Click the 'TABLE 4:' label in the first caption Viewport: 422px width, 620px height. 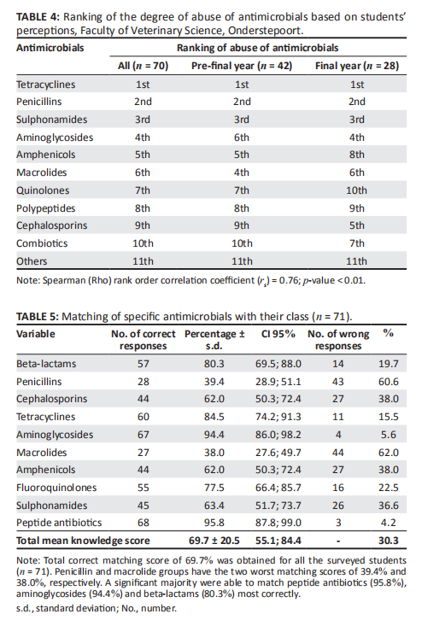coord(38,17)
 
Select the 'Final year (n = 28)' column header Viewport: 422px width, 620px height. coord(357,66)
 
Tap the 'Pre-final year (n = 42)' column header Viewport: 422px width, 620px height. coord(242,66)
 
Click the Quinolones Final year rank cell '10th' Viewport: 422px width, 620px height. coord(356,190)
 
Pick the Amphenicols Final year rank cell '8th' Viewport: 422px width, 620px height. coord(356,155)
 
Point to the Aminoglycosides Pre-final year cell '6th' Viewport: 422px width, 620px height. coord(241,137)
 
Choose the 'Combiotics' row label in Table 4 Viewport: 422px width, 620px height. coord(42,243)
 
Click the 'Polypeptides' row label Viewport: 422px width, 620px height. coord(45,208)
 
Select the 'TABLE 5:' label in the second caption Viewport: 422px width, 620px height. coord(38,317)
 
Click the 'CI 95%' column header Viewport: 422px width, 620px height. coord(278,334)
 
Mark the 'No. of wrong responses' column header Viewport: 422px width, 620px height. coord(338,340)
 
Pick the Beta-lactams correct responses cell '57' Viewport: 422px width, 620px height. coord(144,364)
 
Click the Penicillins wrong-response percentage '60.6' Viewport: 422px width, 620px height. coord(389,382)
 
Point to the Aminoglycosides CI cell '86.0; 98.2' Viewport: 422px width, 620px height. coord(278,435)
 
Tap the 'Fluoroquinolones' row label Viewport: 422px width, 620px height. coord(56,488)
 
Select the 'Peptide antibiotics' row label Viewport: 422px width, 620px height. coord(59,523)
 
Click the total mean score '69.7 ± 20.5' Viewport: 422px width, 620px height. coord(214,541)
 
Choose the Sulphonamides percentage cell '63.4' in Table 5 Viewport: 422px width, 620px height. coord(214,506)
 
